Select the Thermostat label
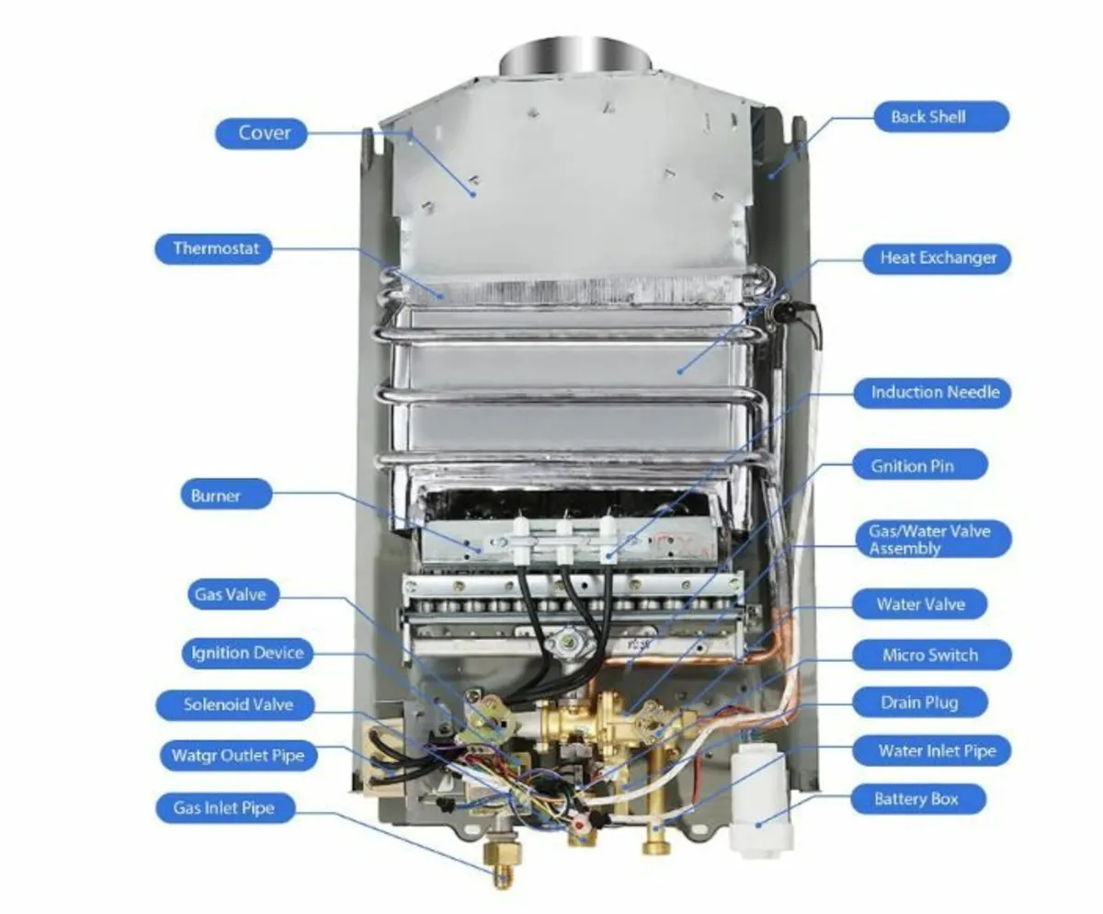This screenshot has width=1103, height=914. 216,249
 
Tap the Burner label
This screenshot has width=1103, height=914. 216,497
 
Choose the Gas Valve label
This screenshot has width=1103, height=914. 230,595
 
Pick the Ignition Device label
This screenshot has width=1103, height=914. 247,654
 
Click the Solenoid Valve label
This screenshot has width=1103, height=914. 238,705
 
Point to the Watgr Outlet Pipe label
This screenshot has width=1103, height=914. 238,757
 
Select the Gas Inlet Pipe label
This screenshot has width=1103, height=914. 223,809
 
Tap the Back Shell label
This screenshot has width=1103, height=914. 928,118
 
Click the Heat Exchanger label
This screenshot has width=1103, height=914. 938,258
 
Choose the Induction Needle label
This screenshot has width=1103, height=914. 935,393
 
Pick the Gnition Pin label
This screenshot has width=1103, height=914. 913,466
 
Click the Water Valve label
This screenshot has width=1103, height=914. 920,605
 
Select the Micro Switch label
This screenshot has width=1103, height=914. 930,656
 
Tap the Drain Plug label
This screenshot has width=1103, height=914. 918,703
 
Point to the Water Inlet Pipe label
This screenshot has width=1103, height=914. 937,751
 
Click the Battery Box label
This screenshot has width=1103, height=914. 915,799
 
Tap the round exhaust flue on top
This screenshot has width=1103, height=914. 576,57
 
